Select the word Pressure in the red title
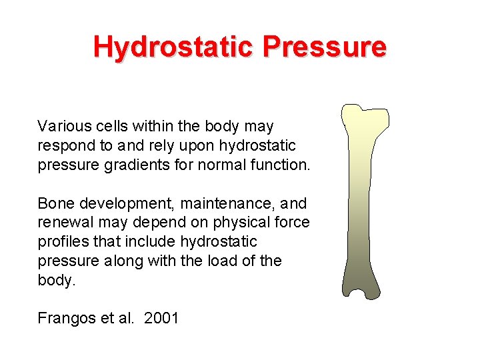point(324,47)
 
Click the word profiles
point(61,241)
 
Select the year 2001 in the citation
point(162,318)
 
